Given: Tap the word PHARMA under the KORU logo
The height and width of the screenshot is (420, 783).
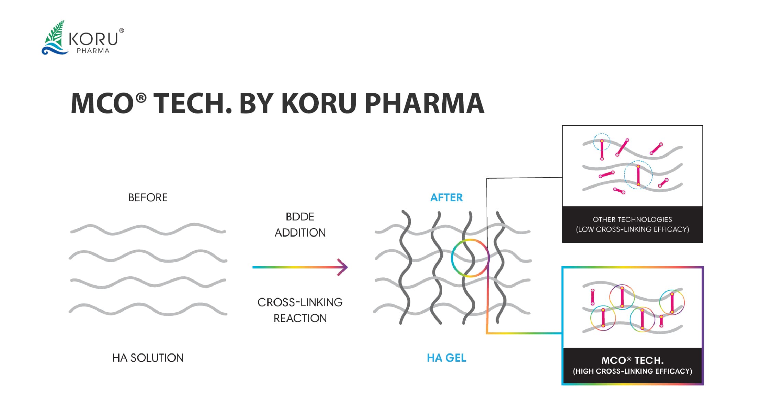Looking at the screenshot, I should [93, 51].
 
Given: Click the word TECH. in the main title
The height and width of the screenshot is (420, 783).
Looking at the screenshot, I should [192, 103].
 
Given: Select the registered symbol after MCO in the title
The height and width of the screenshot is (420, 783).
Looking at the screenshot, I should [141, 98].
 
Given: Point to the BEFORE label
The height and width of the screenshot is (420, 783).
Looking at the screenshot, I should [148, 197].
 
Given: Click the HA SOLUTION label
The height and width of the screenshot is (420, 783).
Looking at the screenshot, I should [148, 358].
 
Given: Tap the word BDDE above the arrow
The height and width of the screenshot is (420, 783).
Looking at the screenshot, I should [300, 217].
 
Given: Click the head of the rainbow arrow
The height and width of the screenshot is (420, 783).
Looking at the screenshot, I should [343, 267].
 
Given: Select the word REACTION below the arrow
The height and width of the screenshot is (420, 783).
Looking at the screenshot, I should [300, 318].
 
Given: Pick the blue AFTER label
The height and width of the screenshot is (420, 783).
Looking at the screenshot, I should [446, 197].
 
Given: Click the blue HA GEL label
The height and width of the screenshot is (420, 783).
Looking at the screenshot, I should [446, 358].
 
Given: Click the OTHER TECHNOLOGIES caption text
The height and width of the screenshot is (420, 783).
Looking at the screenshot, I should [632, 219].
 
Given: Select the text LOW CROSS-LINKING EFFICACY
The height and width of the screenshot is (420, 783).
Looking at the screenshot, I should [632, 229].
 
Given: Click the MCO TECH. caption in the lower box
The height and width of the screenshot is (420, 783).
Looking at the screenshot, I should [632, 360].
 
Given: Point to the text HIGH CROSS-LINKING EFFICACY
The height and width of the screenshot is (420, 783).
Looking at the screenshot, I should [632, 371].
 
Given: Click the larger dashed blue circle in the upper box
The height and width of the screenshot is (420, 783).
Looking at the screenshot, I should [638, 175].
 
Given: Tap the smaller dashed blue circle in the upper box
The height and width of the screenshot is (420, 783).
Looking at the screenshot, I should [602, 142].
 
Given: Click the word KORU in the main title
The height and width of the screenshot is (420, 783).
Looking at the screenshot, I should [319, 103].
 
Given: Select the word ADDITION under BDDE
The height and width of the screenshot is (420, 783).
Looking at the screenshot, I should [300, 233].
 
